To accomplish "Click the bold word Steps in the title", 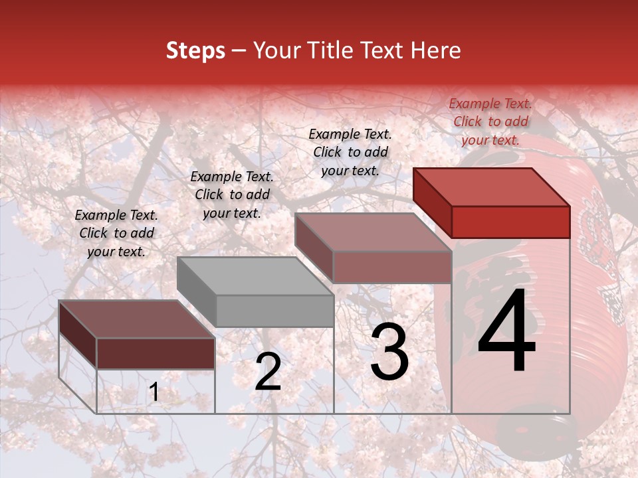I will point(195,50).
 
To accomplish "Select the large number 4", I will point(506,331).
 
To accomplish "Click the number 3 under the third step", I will point(389,352).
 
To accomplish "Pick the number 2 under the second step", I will point(268,372).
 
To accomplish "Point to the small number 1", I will point(154,392).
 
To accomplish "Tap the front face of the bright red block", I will point(510,222).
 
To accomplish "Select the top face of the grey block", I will point(255,276).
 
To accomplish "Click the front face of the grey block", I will point(274,311).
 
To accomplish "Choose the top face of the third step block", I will point(373,232).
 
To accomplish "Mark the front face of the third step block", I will point(392,268).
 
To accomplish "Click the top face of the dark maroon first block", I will point(136,319).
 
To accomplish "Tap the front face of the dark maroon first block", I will point(156,353).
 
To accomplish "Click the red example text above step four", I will point(490,121).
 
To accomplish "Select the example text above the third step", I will point(350,152).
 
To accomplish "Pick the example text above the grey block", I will point(232,195).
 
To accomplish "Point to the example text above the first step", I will point(116,233).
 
